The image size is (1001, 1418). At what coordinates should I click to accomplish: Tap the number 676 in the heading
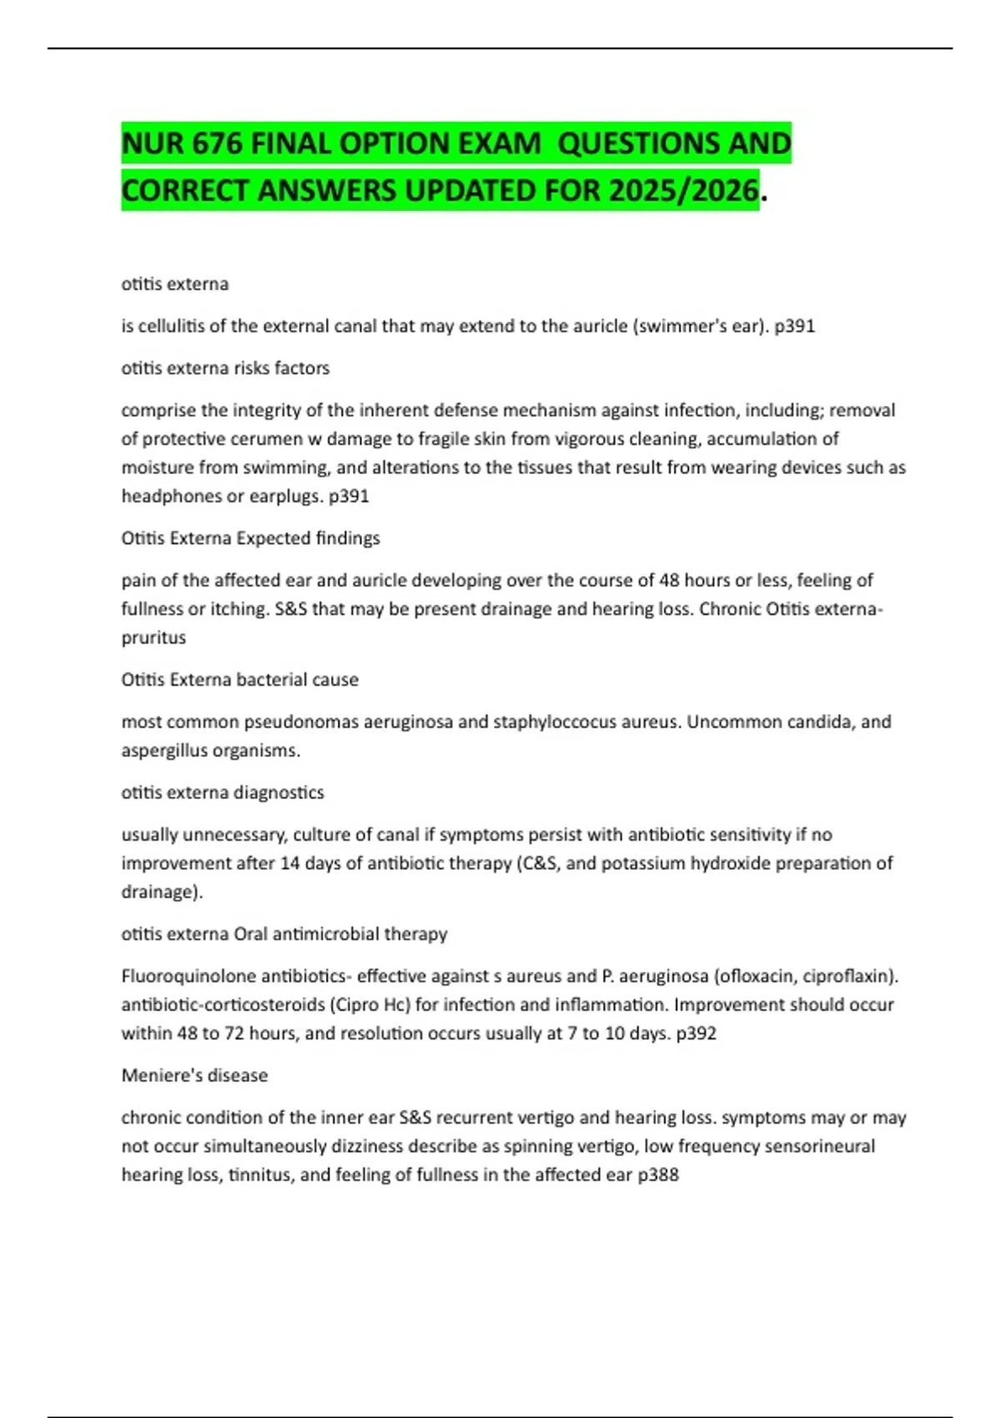pos(218,144)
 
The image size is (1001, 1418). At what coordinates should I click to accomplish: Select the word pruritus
pos(153,637)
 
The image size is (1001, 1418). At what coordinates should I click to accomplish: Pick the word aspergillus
pos(164,751)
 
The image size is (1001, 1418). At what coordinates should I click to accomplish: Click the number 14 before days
pos(289,863)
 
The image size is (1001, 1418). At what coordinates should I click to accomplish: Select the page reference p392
pos(696,1033)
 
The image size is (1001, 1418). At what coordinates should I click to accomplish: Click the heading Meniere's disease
pos(194,1076)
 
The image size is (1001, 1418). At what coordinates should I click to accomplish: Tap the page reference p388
pos(658,1175)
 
